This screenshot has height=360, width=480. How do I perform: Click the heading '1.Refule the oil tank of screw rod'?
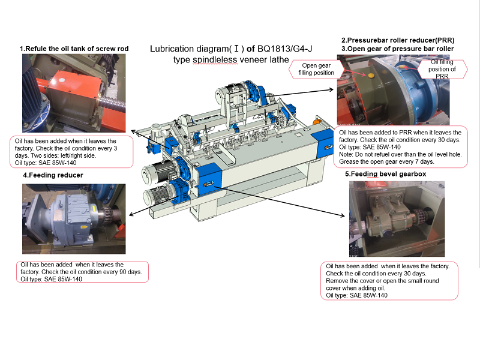click(74, 49)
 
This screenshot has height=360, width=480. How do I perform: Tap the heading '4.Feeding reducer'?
click(53, 175)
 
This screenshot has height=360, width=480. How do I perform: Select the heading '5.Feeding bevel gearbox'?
click(385, 174)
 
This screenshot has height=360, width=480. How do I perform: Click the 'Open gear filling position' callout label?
click(316, 69)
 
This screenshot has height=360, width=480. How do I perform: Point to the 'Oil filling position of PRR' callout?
click(442, 69)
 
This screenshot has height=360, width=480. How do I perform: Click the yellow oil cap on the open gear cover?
click(371, 76)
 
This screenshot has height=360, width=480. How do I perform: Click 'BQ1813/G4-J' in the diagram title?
click(284, 49)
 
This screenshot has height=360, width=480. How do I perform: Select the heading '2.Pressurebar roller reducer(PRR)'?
click(398, 40)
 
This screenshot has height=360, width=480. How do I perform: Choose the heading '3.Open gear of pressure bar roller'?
click(398, 49)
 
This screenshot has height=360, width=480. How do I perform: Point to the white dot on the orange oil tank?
click(62, 80)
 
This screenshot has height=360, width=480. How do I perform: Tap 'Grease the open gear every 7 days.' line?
click(386, 161)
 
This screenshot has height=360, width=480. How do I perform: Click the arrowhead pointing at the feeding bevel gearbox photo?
click(343, 215)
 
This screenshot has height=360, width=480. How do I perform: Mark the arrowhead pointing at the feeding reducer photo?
click(131, 214)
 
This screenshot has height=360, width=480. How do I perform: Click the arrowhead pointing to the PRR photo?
click(331, 89)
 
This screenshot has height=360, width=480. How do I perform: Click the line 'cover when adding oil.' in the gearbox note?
click(355, 288)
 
